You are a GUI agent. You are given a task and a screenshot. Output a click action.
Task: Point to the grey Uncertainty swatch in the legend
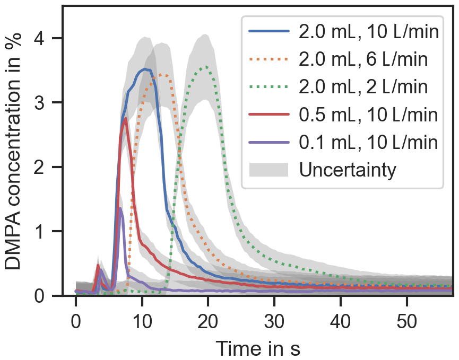point(269,170)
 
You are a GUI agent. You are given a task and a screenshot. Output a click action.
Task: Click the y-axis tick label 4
point(44,39)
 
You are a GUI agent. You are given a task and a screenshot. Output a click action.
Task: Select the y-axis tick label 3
point(44,103)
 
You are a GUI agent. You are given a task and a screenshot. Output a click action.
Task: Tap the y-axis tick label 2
point(44,168)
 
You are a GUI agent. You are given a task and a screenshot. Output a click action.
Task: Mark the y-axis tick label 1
point(44,232)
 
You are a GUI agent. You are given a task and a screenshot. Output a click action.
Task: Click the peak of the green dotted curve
point(206,67)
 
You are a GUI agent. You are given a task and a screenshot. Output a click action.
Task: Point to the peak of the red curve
point(125,119)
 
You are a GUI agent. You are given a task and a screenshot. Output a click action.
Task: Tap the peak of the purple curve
point(120,208)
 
